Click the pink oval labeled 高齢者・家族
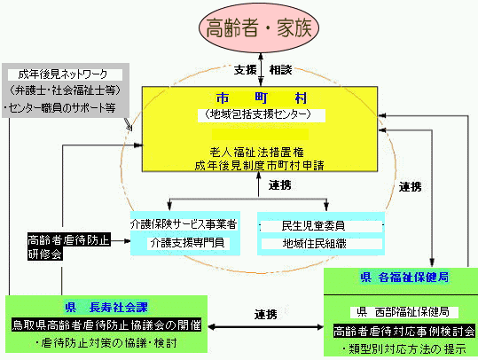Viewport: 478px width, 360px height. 259,27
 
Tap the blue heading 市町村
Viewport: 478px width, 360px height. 262,98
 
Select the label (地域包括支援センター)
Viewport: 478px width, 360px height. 258,114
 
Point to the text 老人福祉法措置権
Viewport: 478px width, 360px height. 256,152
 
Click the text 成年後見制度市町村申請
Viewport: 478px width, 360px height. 259,165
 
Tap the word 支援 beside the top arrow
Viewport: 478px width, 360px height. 246,70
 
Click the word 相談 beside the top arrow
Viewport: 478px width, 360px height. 280,70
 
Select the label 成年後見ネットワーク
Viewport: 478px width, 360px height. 63,74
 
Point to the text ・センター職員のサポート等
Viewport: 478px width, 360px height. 59,107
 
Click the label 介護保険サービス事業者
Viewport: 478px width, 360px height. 184,224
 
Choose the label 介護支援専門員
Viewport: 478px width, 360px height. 188,243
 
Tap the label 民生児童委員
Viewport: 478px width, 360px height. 313,226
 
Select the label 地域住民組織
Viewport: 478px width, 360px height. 314,244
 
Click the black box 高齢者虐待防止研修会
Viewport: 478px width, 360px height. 69,247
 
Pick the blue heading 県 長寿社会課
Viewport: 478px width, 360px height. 106,307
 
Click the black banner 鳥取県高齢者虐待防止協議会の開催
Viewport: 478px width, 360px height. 106,325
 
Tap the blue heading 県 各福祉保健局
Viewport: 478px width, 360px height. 404,278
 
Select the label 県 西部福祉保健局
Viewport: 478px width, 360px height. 403,312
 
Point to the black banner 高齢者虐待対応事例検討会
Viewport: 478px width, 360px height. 404,331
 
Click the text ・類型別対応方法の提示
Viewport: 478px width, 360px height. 404,348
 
